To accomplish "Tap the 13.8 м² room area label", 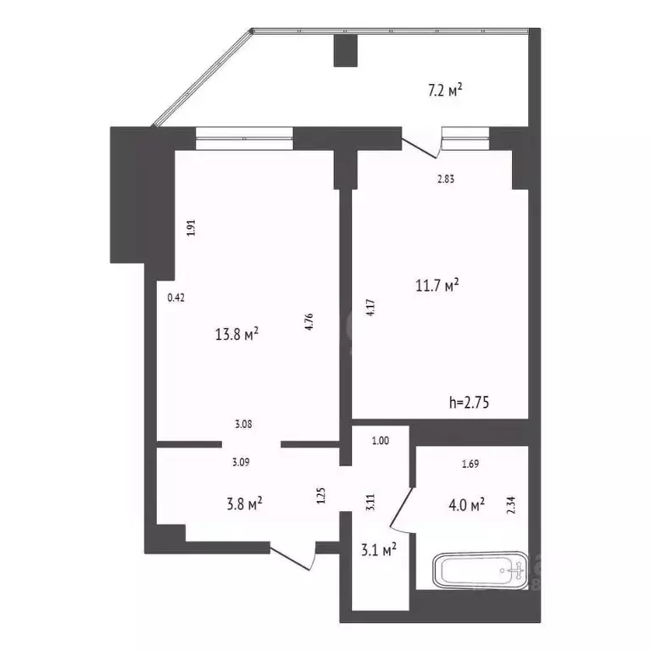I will (237, 335).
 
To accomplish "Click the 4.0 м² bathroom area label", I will (465, 505).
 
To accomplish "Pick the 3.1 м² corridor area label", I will (378, 551).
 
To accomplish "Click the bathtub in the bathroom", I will (479, 571).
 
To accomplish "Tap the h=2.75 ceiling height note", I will (469, 403).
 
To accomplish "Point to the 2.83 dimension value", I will (447, 179).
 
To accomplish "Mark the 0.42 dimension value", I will (176, 298).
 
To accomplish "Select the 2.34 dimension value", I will (510, 506).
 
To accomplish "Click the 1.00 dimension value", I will (381, 441).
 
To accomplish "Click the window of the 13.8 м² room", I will (244, 138).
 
